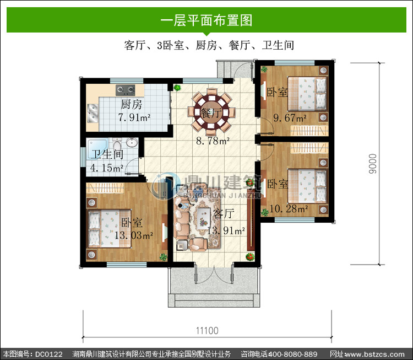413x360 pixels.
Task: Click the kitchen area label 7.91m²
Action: pos(134,117)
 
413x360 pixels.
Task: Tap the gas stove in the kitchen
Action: pos(126,90)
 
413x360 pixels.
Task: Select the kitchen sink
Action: pos(93,113)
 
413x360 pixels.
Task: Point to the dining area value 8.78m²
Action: pos(213,141)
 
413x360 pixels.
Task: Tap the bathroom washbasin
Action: pos(132,142)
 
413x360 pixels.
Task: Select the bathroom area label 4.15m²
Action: pos(107,168)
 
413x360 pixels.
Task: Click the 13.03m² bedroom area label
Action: pos(134,235)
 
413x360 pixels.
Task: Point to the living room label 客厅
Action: pos(224,213)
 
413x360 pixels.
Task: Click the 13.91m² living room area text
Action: pos(226,231)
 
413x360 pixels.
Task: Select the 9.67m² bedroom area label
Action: pos(290,118)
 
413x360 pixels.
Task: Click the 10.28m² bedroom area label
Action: pos(289,208)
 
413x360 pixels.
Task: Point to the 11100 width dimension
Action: pos(207,331)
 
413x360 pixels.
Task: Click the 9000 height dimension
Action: pos(373,164)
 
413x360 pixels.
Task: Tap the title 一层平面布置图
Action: pos(206,20)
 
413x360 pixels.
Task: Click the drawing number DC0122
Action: pos(48,354)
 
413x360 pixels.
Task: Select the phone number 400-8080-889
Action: pos(292,354)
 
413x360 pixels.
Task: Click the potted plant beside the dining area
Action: pos(177,88)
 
